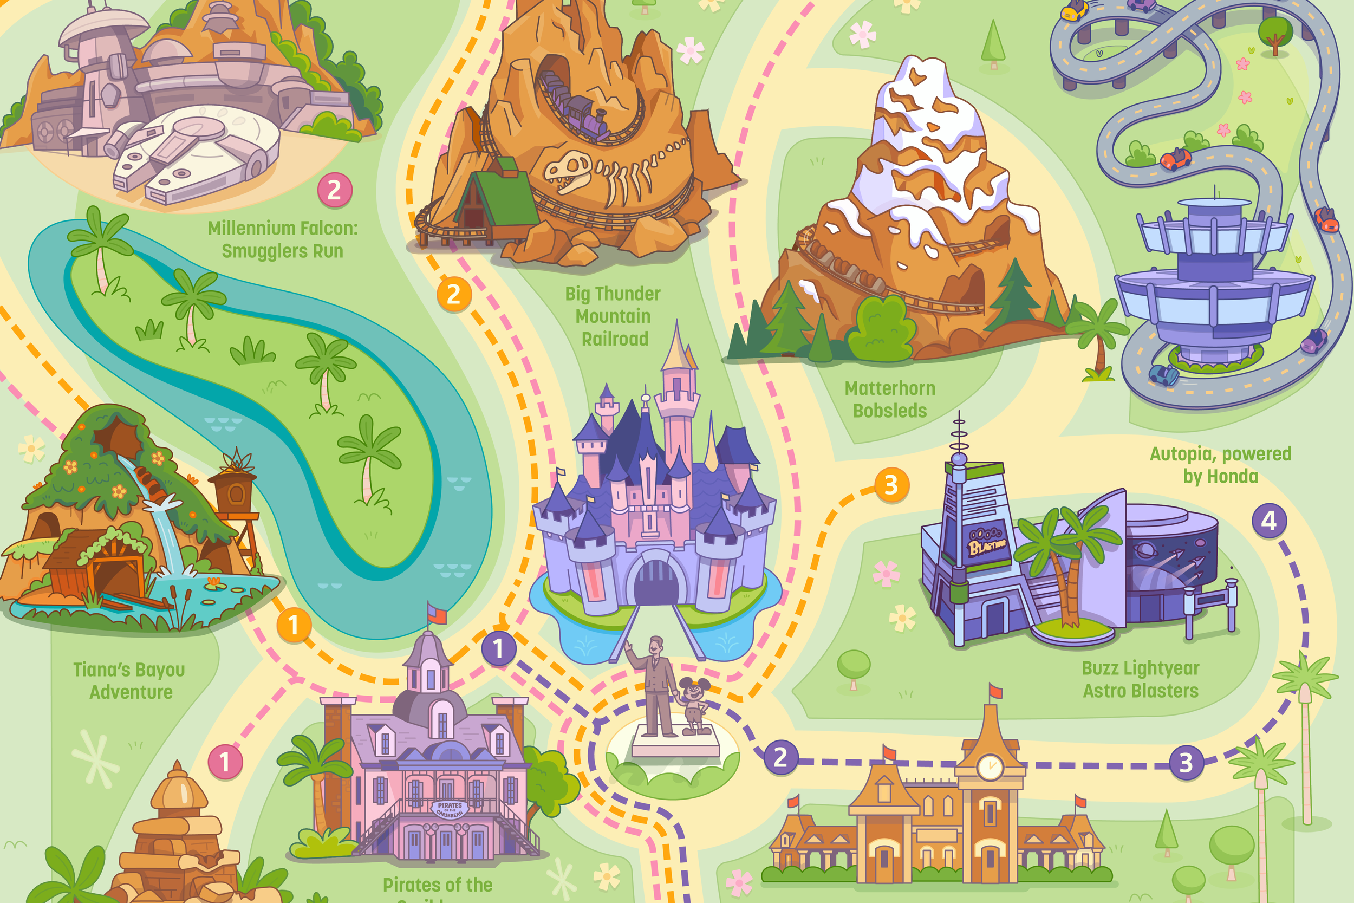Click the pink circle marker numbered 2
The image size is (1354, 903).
pos(335,190)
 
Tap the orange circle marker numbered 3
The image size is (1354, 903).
pos(891,485)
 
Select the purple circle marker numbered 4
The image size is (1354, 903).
pos(1269,521)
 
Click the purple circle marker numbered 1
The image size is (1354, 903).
pos(498,648)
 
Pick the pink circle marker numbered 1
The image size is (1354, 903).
pos(225,763)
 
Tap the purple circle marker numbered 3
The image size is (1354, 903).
pos(1186,763)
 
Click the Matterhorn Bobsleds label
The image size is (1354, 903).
pos(889,399)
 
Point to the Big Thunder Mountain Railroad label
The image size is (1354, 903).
pos(613,316)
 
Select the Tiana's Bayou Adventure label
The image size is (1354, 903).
pos(129,680)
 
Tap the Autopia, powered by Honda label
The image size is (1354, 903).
pos(1220,465)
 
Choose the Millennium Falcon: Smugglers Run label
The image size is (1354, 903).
pos(283,239)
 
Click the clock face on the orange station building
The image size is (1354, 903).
pos(990,766)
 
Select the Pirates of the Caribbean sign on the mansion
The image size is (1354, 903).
pos(450,809)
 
